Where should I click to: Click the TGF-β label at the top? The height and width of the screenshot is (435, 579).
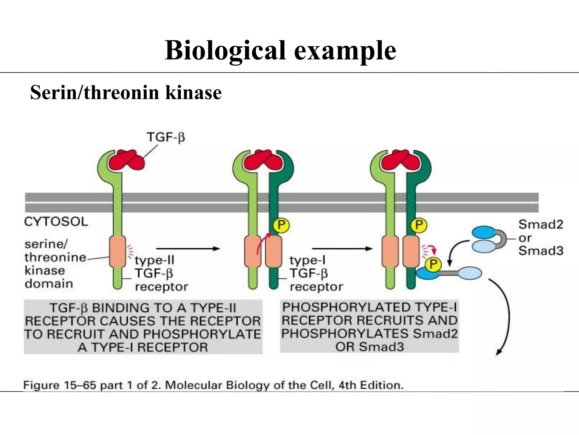(166, 138)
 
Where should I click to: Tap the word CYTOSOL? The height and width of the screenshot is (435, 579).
(56, 222)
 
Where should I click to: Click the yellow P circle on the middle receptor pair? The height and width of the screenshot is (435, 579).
(281, 225)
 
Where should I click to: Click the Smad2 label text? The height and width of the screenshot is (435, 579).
(541, 225)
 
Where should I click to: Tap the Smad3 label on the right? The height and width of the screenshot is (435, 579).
(541, 251)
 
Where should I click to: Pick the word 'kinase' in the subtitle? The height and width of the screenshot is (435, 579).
(193, 93)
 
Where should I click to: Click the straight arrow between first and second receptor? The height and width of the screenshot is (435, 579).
(188, 249)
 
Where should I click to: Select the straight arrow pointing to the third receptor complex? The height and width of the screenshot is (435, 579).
(342, 249)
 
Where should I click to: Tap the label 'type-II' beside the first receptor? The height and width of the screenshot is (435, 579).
(154, 260)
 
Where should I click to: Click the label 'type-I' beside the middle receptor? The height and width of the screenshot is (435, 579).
(307, 260)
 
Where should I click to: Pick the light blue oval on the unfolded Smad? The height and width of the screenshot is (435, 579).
(469, 273)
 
